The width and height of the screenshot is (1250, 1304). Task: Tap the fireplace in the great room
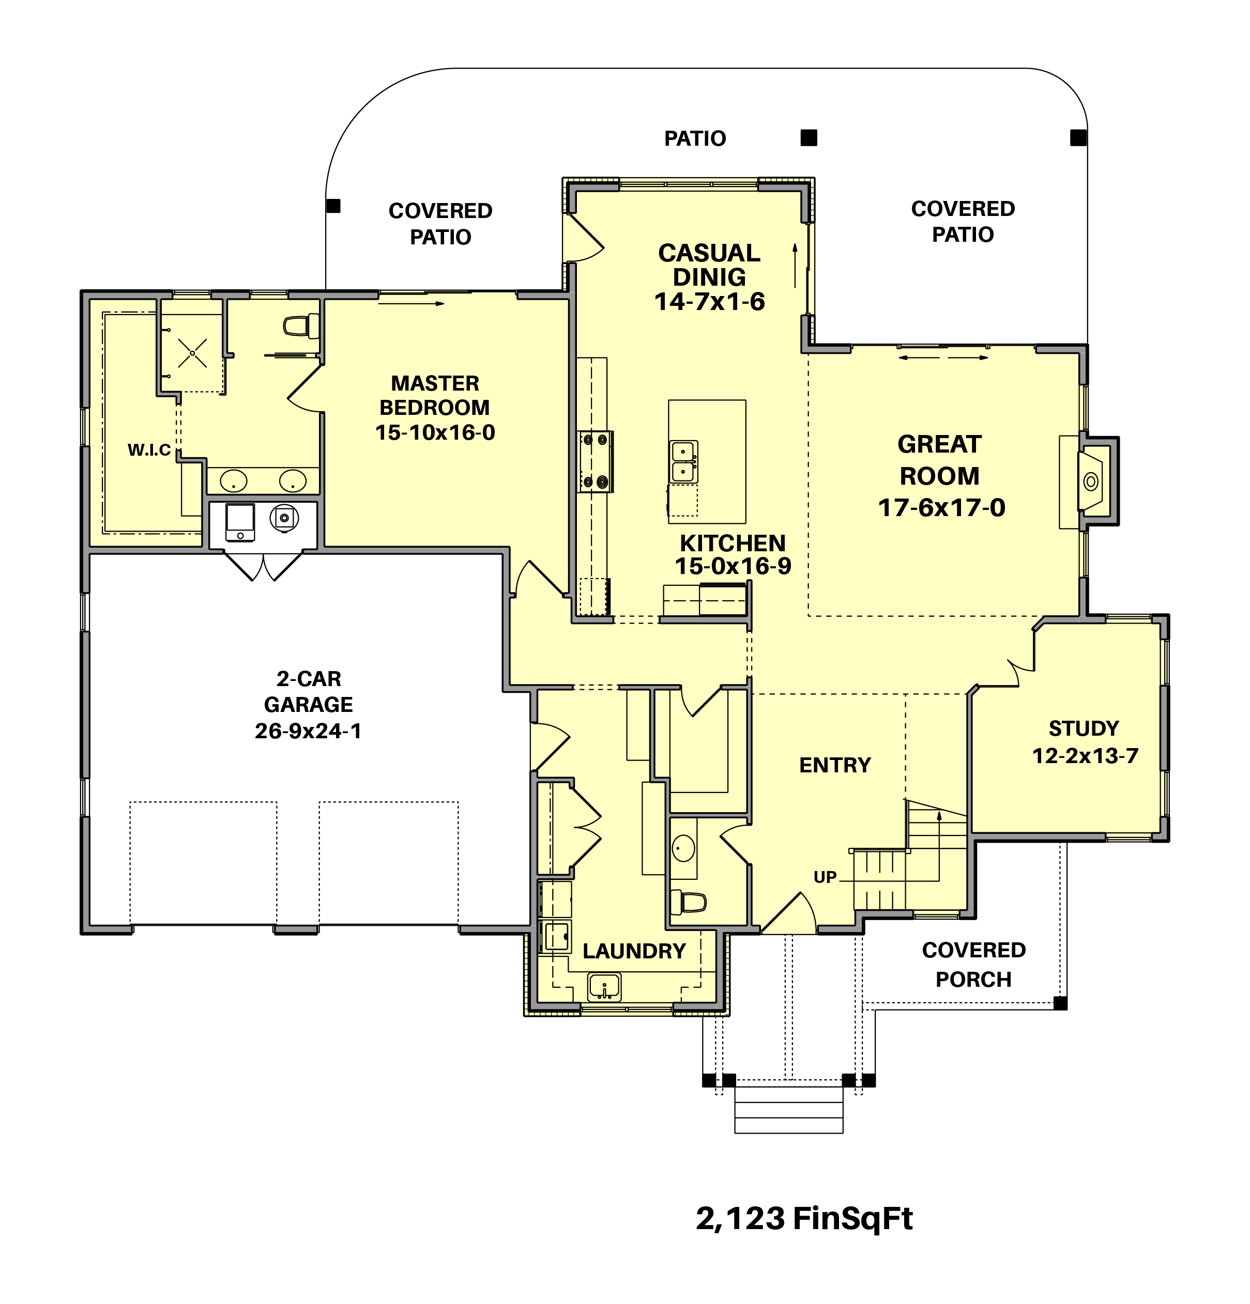pyautogui.click(x=1092, y=481)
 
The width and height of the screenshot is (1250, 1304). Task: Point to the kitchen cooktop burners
pyautogui.click(x=594, y=461)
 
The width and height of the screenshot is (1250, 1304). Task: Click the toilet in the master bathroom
pyautogui.click(x=299, y=326)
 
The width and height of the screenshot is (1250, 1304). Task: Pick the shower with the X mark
pyautogui.click(x=192, y=353)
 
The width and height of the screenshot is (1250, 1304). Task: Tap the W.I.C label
pyautogui.click(x=149, y=451)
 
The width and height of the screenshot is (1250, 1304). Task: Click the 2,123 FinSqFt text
pyautogui.click(x=803, y=1219)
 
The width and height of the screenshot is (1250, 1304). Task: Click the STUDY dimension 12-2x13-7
pyautogui.click(x=1085, y=756)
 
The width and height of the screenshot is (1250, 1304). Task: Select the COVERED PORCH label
pyautogui.click(x=973, y=965)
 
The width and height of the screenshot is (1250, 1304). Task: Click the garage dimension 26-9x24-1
pyautogui.click(x=308, y=731)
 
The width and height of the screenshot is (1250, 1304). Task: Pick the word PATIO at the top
pyautogui.click(x=695, y=138)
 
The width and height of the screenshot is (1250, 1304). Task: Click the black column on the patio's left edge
pyautogui.click(x=333, y=206)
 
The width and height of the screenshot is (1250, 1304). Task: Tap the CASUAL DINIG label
pyautogui.click(x=709, y=265)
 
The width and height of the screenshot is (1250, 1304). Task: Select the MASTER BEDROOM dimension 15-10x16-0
pyautogui.click(x=435, y=432)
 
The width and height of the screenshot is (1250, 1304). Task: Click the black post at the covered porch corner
pyautogui.click(x=1060, y=1003)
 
